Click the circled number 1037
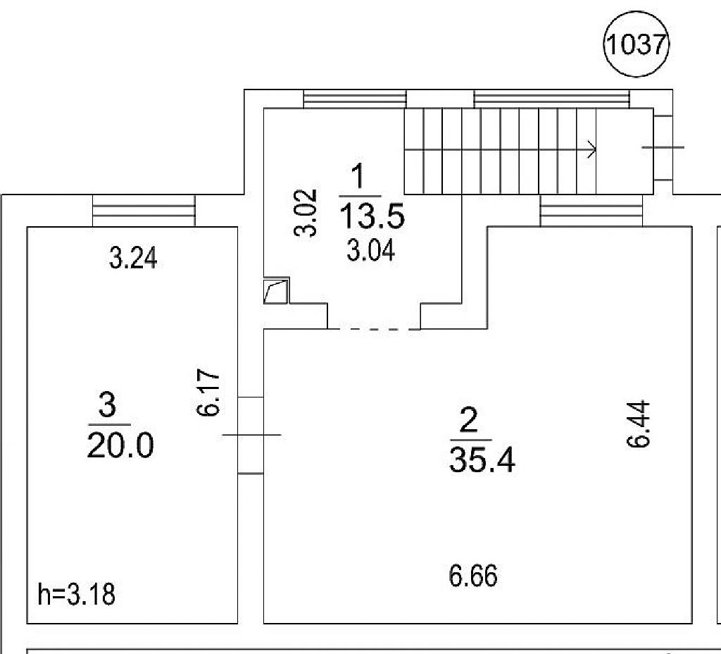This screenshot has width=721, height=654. coord(637,44)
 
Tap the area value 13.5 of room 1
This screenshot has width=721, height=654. coord(372,216)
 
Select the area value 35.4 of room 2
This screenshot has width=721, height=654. coord(482,459)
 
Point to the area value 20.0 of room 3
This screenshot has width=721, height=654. coord(120,445)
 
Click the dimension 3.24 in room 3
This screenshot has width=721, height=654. coord(133,258)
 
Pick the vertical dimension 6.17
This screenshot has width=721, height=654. coord(208,392)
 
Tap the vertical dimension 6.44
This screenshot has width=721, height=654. coord(638,424)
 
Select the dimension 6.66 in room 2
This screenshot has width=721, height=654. coord(473,576)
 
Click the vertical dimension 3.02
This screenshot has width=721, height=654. coord(306,213)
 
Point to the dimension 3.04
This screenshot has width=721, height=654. coord(370,252)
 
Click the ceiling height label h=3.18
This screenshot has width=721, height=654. coord(76,594)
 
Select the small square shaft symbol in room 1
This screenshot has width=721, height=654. coord(276,290)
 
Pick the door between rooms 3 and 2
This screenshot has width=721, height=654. coord(251,435)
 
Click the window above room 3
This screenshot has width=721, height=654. coord(144,211)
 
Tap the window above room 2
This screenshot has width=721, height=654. coord(591,211)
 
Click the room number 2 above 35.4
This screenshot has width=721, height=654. coord(469,420)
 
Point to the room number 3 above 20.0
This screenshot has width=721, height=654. coord(107,405)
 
